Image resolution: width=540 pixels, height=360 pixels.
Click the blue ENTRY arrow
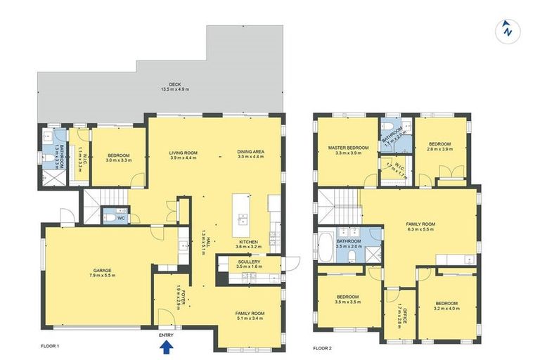pos(166,345)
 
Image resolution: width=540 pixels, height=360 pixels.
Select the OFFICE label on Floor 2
pos(400,308)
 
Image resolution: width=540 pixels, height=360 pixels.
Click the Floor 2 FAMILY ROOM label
pos(420,227)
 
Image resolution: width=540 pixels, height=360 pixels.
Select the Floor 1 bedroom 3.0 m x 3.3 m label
pos(118,157)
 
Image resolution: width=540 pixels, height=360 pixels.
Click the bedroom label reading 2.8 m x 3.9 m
pos(439,146)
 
